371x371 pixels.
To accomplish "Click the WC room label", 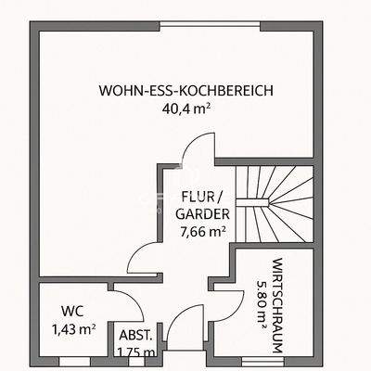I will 73,312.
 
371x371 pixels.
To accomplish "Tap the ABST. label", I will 135,335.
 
